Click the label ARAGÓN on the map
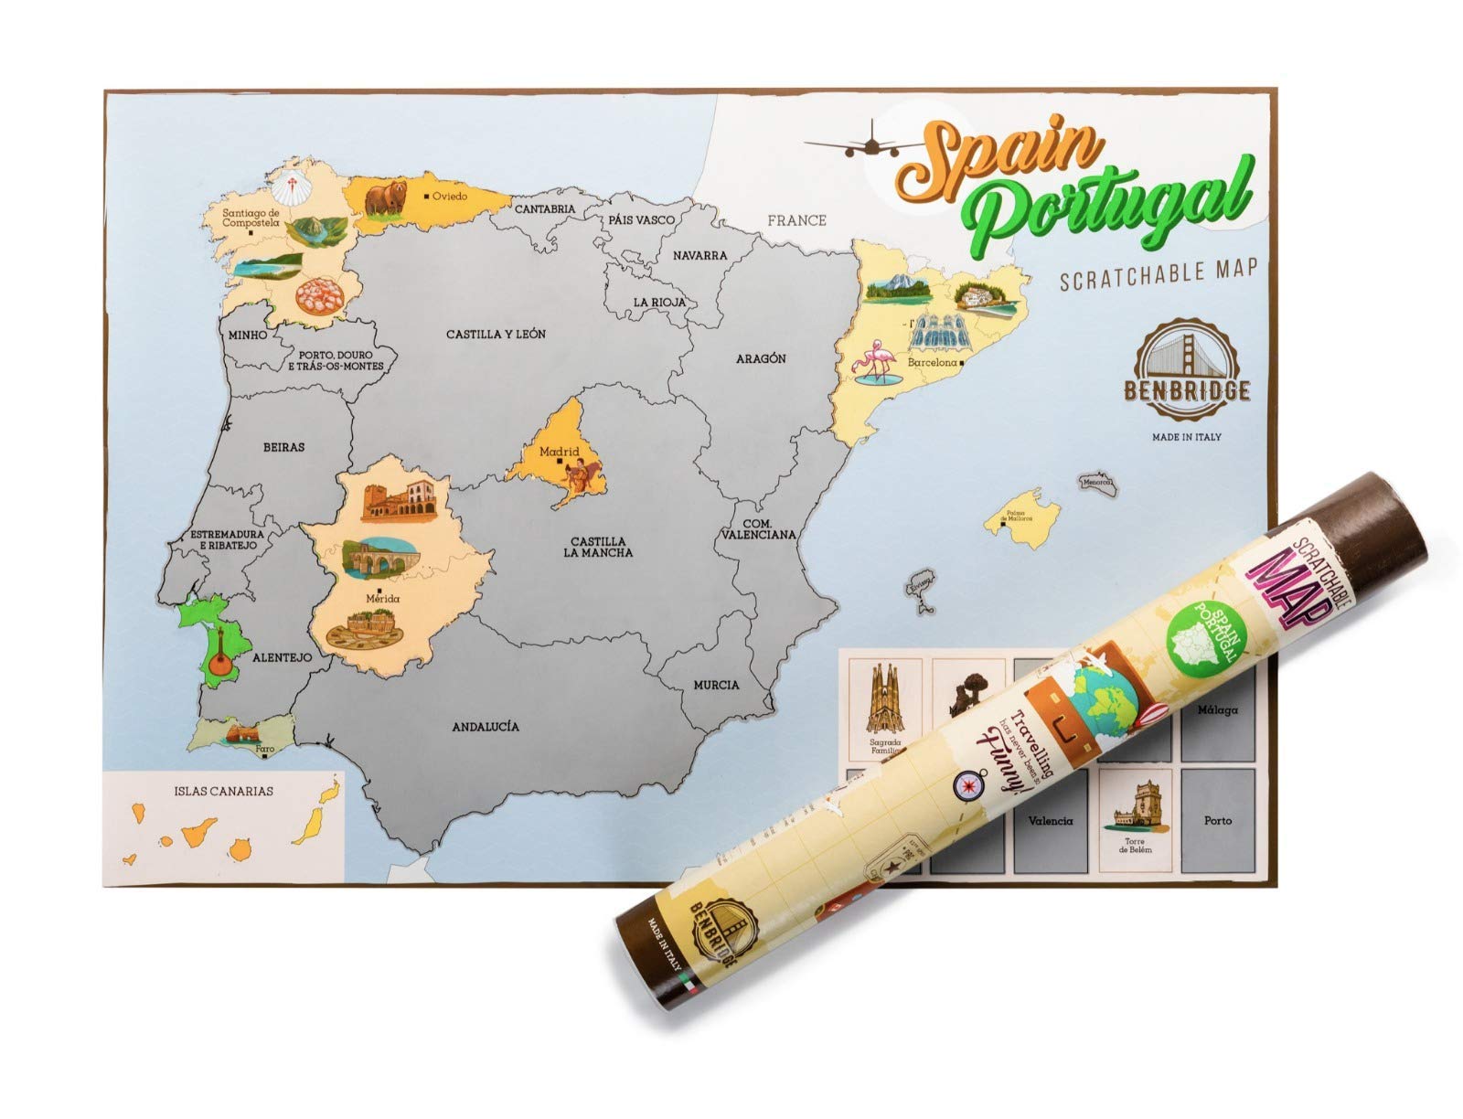tap(761, 358)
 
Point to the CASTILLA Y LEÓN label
tap(496, 335)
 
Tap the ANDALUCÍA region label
tap(486, 727)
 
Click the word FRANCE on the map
tap(796, 220)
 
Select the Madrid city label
tap(559, 451)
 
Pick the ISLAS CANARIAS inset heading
tap(223, 792)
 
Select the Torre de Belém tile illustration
tap(1134, 809)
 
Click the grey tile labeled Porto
tap(1217, 820)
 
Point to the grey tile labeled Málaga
tap(1219, 709)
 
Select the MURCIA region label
tap(715, 685)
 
